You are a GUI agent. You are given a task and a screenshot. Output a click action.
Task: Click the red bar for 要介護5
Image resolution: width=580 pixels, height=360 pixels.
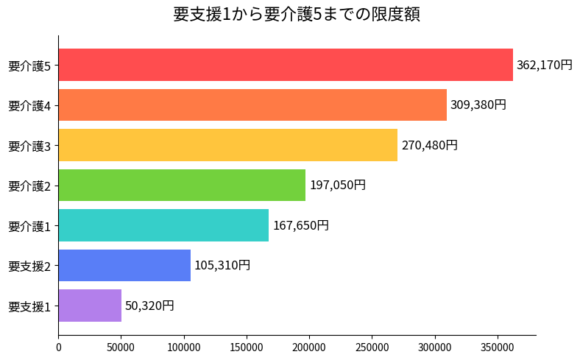tap(286, 65)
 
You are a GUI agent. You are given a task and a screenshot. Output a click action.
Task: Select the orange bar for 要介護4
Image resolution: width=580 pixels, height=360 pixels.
tap(252, 105)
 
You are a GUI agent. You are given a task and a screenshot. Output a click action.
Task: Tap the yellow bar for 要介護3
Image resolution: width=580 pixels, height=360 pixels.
tap(227, 145)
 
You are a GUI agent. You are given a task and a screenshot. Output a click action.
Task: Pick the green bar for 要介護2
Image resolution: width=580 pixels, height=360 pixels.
tap(182, 185)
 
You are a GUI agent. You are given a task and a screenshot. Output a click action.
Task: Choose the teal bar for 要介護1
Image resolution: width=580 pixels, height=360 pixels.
tap(163, 225)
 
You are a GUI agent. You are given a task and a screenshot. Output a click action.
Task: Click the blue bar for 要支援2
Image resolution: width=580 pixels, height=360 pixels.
tap(124, 265)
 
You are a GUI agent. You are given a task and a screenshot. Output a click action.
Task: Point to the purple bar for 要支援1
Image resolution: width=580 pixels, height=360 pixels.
tap(90, 306)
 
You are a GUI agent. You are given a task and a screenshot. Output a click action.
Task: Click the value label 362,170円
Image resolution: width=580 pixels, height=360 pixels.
tap(544, 65)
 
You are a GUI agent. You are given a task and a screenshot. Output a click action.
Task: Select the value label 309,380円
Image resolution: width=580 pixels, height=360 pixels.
tap(478, 105)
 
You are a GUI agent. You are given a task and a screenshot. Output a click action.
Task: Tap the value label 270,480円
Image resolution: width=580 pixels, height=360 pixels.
tap(429, 145)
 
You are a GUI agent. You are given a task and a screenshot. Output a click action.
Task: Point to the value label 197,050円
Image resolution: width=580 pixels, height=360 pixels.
tap(337, 185)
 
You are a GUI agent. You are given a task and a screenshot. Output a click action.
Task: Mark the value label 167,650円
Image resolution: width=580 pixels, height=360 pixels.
tap(300, 225)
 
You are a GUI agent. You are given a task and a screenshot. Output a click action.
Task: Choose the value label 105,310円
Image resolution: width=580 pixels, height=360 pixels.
tap(222, 265)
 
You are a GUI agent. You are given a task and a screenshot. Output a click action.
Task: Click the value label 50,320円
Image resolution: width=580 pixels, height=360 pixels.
tap(149, 306)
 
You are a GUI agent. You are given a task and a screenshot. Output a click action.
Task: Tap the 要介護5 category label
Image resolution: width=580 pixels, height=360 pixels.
tap(29, 66)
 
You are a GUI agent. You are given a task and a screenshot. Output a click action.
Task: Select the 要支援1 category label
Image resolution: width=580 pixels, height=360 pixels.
tap(29, 306)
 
